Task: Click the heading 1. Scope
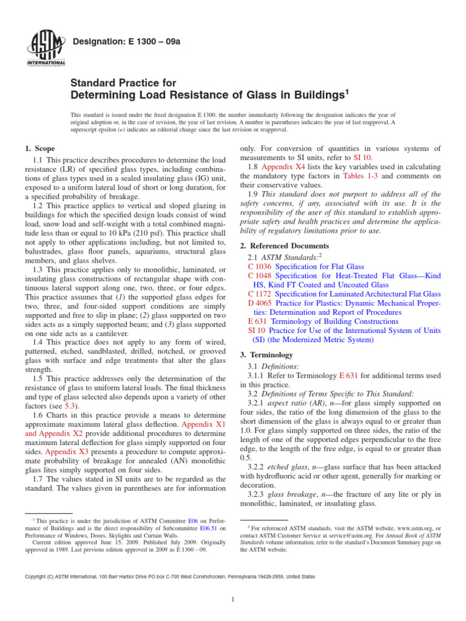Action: point(39,149)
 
